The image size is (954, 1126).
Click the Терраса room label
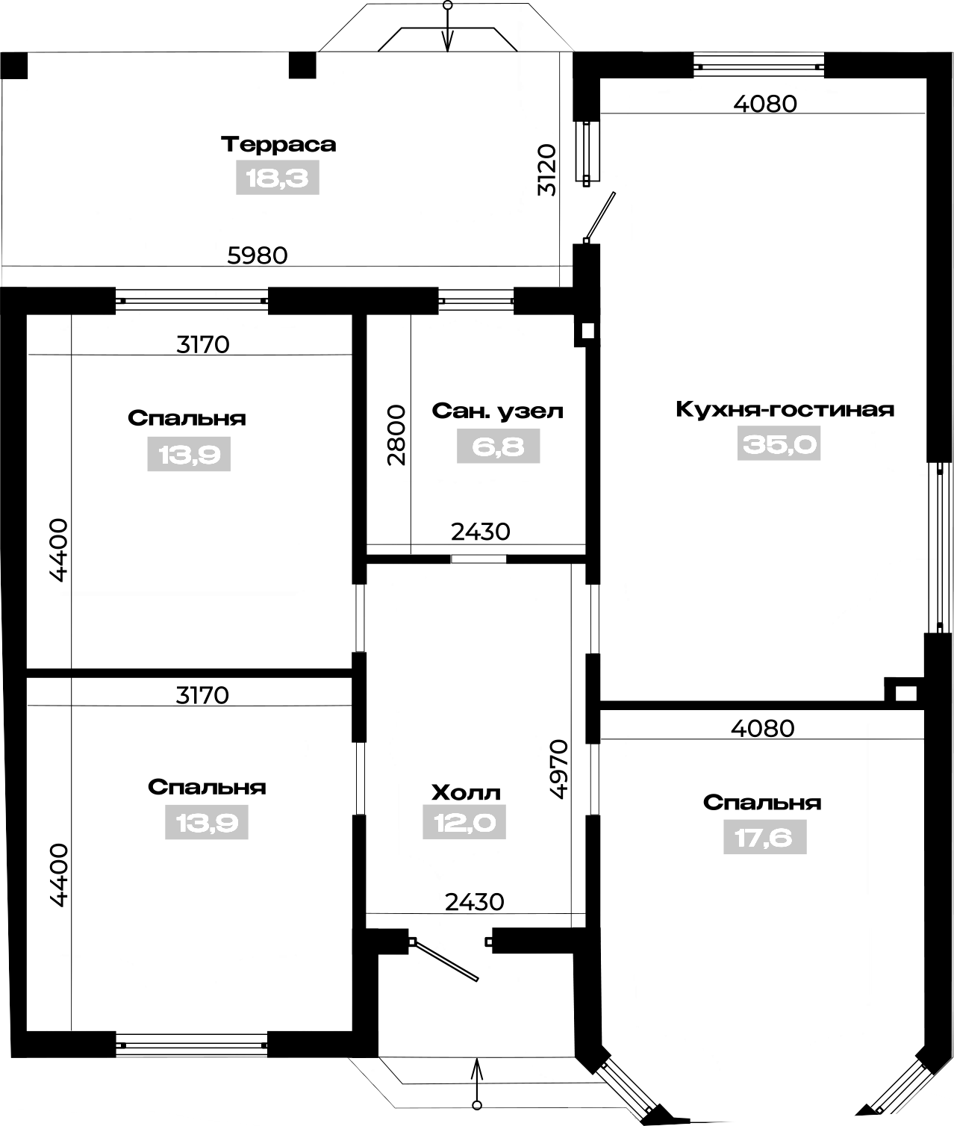(278, 144)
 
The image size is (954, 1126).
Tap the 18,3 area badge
(277, 178)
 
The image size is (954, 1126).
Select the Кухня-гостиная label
(785, 409)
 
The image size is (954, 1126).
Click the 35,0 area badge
(779, 444)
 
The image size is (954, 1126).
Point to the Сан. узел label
(497, 411)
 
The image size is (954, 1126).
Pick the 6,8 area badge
(498, 447)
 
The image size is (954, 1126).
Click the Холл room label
(466, 793)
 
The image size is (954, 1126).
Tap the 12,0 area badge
(464, 822)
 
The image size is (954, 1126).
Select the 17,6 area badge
(764, 837)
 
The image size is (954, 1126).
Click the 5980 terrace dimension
(257, 255)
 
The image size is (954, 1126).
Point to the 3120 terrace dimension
(546, 170)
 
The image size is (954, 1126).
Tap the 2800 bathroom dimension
(396, 435)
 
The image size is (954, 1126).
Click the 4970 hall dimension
(558, 769)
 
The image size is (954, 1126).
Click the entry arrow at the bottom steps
(477, 1088)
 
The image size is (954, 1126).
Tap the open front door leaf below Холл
(444, 961)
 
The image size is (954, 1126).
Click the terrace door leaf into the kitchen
(599, 217)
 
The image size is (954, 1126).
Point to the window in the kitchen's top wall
(758, 66)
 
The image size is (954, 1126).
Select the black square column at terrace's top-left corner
(13, 66)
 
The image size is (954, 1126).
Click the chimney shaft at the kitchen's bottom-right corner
(905, 694)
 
